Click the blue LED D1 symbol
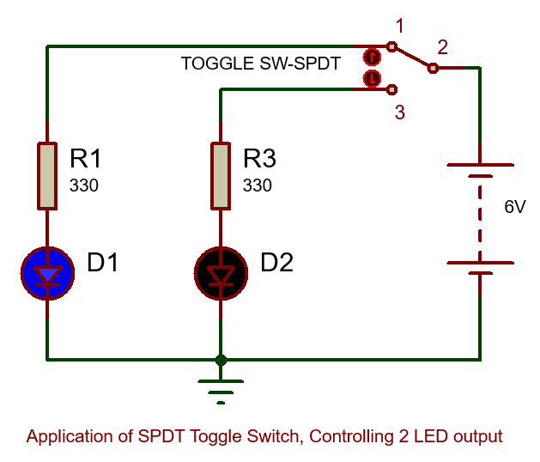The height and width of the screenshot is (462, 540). coord(47,273)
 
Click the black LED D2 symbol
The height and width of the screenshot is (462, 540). coord(221,273)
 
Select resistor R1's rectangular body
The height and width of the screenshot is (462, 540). coord(47,176)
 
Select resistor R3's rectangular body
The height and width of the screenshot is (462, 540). coord(221,176)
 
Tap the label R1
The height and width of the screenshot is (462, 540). coord(86,159)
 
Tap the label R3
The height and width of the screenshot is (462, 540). coord(260,159)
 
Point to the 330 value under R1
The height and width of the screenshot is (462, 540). coord(84,185)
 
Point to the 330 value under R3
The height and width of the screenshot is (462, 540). coord(258,185)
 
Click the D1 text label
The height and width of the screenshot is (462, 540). coord(103,263)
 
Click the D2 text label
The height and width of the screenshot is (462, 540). coord(277,263)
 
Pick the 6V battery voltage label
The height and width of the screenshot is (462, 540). coord(515,207)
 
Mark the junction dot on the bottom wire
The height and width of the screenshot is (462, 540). coord(221,359)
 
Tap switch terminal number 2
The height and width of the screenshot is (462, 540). coord(442,46)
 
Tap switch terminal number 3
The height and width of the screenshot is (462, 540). coord(399,112)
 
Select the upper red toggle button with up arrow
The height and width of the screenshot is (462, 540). coord(371,58)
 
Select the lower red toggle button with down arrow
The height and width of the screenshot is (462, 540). coord(371,78)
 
